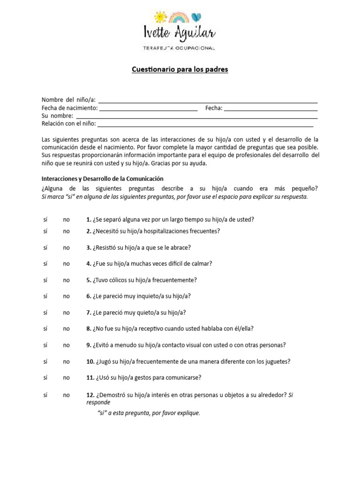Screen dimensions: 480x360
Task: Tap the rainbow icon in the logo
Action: [x=179, y=17]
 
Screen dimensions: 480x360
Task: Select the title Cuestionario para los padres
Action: [x=180, y=70]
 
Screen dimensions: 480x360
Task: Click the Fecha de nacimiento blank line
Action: [x=149, y=109]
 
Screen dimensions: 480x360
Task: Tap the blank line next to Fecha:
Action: [x=271, y=109]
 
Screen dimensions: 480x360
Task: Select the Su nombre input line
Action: [x=197, y=117]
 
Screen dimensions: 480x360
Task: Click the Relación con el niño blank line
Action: [x=205, y=125]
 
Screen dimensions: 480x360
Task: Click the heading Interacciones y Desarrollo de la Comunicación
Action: [x=102, y=179]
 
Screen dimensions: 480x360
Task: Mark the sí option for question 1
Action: [x=45, y=219]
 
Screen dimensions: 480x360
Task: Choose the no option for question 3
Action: [x=67, y=247]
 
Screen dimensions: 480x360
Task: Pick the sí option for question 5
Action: [x=45, y=280]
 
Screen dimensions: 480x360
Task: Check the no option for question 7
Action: [x=67, y=313]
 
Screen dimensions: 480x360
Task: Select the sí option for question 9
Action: [x=45, y=345]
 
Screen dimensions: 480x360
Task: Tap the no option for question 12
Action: [x=67, y=395]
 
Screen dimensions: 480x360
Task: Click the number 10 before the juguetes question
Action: [x=90, y=361]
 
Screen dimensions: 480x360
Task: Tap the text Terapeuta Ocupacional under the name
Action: [x=179, y=48]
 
